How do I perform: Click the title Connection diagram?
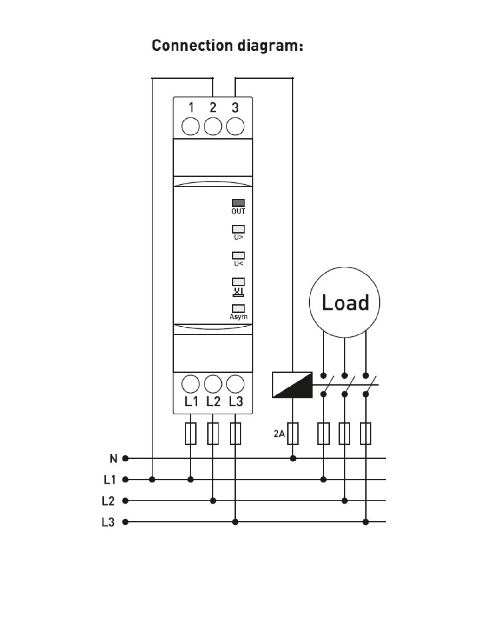(x=227, y=46)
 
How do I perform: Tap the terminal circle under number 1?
(x=191, y=127)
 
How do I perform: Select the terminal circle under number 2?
(x=213, y=127)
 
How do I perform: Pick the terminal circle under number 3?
(x=235, y=127)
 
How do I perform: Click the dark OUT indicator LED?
(x=238, y=202)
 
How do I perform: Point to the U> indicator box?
(x=238, y=229)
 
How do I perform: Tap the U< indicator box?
(x=238, y=255)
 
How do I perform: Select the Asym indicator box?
(x=238, y=308)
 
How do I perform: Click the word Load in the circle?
(x=345, y=303)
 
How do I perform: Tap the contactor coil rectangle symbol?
(x=292, y=385)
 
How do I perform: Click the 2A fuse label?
(x=279, y=434)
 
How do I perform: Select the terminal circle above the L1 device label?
(x=191, y=384)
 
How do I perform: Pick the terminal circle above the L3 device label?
(x=235, y=384)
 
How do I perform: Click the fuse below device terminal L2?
(x=213, y=434)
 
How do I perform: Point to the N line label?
(x=113, y=459)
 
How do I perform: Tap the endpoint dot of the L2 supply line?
(x=125, y=501)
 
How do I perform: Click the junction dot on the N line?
(x=293, y=459)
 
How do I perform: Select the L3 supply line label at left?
(x=108, y=522)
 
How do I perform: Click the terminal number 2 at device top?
(x=213, y=107)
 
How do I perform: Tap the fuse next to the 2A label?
(x=293, y=434)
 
